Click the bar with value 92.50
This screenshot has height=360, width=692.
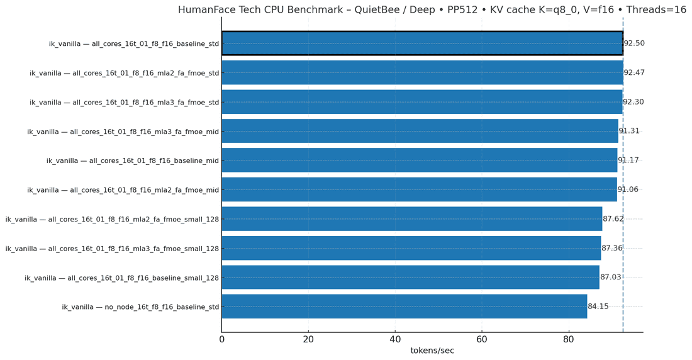pos(421,43)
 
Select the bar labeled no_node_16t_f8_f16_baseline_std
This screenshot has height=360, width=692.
pos(404,307)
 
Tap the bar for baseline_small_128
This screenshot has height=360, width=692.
pos(410,278)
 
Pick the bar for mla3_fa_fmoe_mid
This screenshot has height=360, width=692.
pos(420,131)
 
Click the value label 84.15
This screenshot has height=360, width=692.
pos(598,307)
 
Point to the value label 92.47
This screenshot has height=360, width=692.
pos(634,73)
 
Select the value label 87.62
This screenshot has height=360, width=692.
pos(613,219)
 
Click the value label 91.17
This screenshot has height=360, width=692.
pos(628,160)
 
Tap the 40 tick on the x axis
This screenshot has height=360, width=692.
pos(395,339)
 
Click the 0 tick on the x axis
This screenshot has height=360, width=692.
pos(221,339)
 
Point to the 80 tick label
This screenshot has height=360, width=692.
pos(569,339)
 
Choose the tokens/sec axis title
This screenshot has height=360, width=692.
pos(432,351)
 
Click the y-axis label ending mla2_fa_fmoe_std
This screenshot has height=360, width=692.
pos(125,73)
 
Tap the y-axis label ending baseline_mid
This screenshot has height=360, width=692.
pos(133,160)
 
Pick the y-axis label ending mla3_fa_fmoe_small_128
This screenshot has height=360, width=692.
pos(113,249)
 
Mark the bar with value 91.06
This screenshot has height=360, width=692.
pos(419,189)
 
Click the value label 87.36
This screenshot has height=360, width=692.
pos(612,249)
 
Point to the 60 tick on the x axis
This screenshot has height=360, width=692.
pos(482,339)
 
